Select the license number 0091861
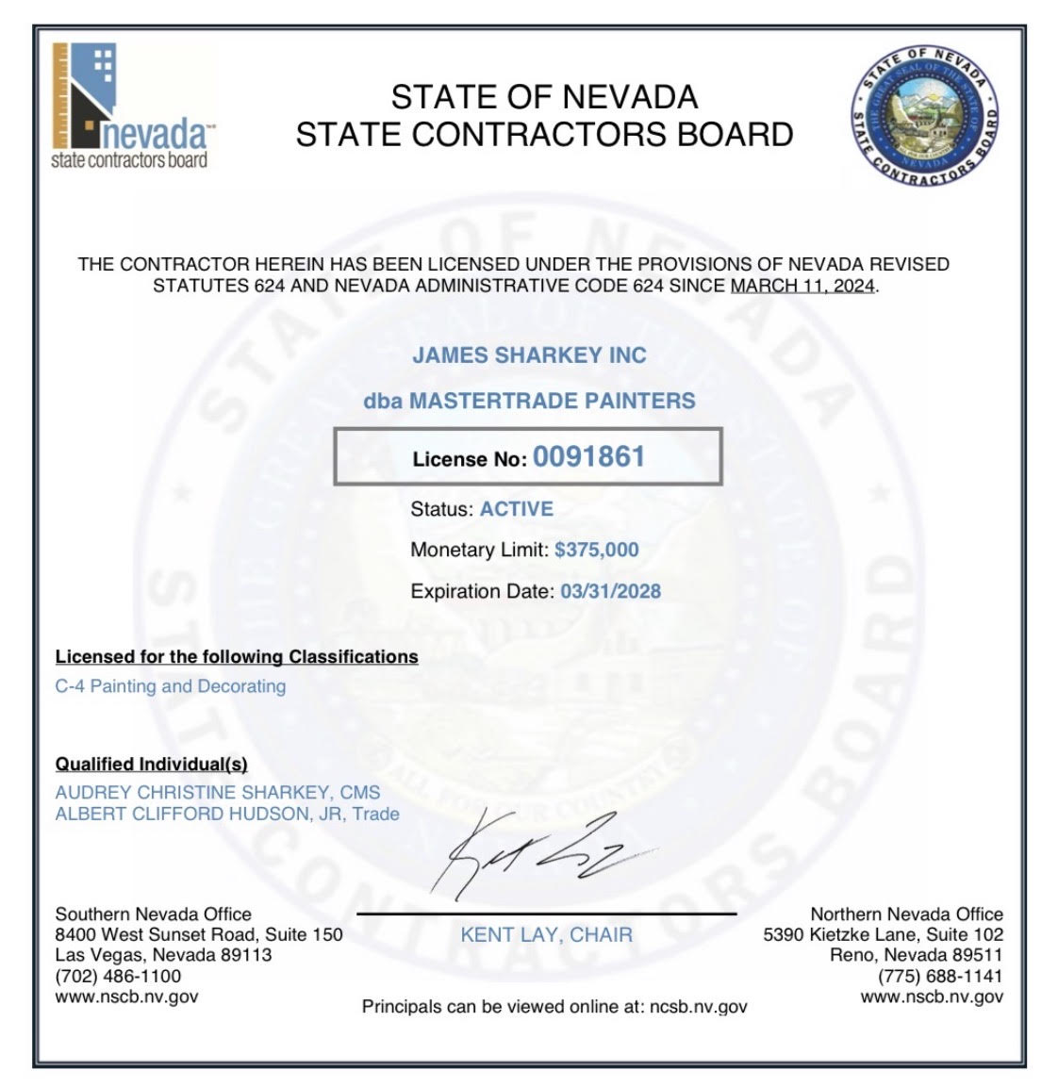click(x=589, y=457)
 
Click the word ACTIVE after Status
click(x=517, y=509)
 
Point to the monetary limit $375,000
click(x=596, y=550)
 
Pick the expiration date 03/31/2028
click(x=610, y=591)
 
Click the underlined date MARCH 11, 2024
click(x=802, y=286)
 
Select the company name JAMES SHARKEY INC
click(x=529, y=355)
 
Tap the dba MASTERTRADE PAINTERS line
click(x=529, y=401)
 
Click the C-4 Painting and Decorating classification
click(x=171, y=686)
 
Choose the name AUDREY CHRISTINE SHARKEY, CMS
click(x=218, y=793)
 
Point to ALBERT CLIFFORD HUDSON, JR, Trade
click(x=227, y=814)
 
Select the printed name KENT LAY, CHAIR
click(x=546, y=935)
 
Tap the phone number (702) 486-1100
click(x=118, y=976)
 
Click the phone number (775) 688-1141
click(x=940, y=976)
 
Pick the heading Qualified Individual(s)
click(x=151, y=764)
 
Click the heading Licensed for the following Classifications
click(x=237, y=656)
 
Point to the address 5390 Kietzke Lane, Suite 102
click(x=883, y=935)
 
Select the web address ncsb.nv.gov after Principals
click(x=698, y=1007)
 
